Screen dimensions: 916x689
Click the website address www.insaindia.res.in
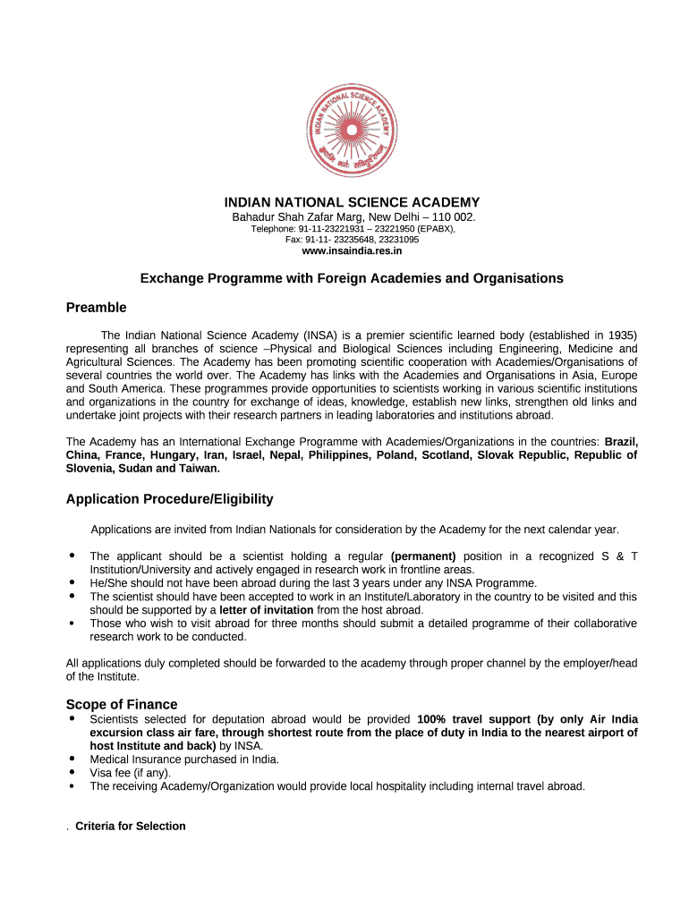click(x=352, y=251)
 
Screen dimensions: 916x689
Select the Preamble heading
click(x=96, y=308)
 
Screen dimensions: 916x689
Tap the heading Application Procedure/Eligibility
click(x=169, y=499)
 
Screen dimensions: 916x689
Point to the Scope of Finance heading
click(x=122, y=705)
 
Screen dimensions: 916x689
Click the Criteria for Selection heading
click(x=131, y=827)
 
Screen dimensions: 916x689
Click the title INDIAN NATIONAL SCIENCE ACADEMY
click(x=352, y=203)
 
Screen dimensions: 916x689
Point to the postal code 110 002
click(x=453, y=217)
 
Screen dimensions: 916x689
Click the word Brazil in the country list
click(x=621, y=442)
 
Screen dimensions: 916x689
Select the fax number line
click(x=352, y=240)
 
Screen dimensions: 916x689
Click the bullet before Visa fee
click(x=71, y=772)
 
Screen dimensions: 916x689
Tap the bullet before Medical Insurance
click(x=71, y=759)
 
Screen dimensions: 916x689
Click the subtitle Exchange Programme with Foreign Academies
click(x=352, y=278)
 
